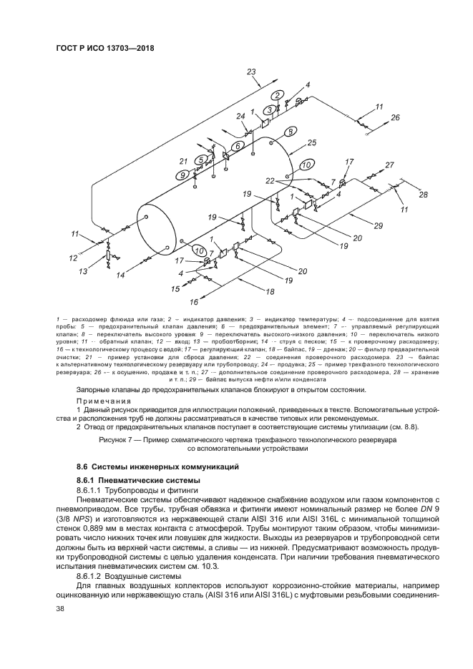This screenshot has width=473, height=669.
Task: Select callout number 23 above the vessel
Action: tap(251, 72)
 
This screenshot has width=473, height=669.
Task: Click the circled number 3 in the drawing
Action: tap(269, 109)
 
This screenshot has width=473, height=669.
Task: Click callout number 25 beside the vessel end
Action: tap(311, 142)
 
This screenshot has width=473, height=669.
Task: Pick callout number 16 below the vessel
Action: tap(193, 302)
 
